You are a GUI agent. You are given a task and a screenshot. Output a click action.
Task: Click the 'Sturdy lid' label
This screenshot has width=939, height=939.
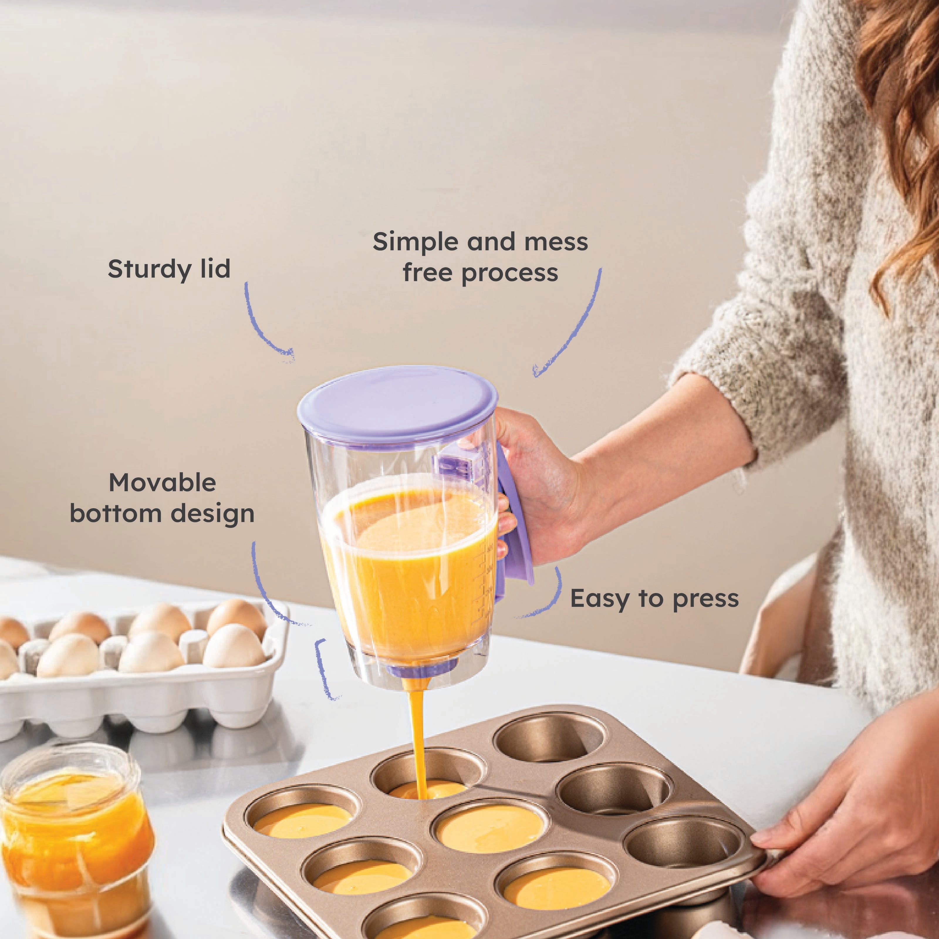[169, 269]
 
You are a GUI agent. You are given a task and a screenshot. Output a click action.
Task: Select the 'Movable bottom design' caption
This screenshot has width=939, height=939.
[162, 498]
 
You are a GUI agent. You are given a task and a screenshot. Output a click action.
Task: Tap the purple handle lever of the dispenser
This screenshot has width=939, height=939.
[514, 515]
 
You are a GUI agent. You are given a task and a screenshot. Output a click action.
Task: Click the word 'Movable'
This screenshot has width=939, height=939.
[162, 483]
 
